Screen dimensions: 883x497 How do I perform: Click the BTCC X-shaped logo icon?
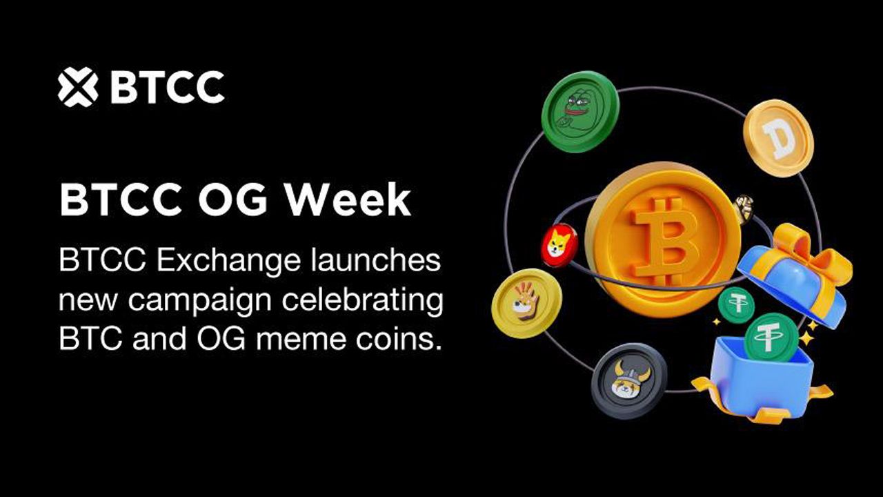coord(78,87)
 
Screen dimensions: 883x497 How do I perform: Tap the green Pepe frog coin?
coord(580,111)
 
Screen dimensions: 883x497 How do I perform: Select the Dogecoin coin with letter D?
coord(779,138)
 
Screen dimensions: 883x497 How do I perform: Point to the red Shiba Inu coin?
coord(559,245)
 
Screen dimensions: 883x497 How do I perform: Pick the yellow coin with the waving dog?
coord(526,303)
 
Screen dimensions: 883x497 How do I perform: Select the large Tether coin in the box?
coord(771,338)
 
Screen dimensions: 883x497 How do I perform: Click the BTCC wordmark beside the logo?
coord(168,87)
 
